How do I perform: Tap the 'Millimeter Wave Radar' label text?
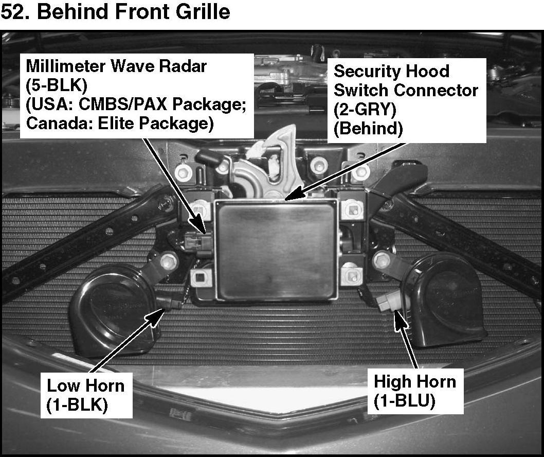click(116, 66)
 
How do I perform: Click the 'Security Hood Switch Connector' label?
click(406, 81)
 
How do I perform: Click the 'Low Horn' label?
click(85, 385)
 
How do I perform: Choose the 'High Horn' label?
click(414, 382)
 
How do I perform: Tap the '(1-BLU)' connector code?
click(405, 401)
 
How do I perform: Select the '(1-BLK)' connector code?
click(77, 405)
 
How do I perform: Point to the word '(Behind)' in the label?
click(368, 128)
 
